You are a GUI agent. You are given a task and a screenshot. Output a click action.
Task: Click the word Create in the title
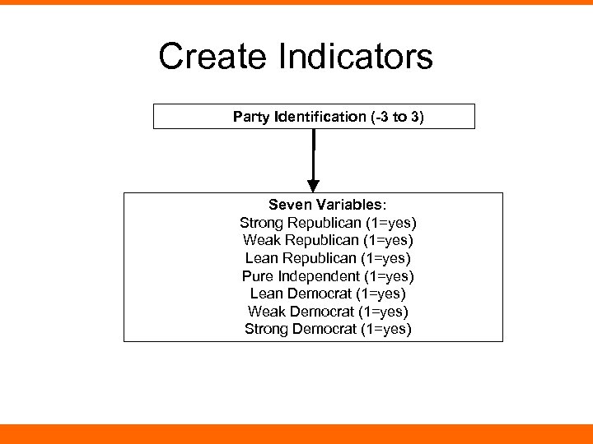tap(213, 57)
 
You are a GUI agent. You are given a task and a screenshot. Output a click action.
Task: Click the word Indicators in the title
tap(356, 57)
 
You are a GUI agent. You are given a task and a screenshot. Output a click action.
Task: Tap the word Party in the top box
tap(250, 117)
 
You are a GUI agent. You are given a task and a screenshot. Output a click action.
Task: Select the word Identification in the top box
tap(317, 117)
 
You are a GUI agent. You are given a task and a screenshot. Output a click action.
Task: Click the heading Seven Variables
tap(328, 205)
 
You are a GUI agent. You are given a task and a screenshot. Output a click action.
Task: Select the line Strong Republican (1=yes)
tap(328, 223)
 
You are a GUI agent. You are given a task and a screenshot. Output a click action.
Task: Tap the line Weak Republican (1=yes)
tap(328, 240)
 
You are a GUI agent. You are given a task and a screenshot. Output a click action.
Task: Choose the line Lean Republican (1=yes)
tap(328, 258)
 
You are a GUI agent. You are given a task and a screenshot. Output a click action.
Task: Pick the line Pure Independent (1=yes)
tap(328, 276)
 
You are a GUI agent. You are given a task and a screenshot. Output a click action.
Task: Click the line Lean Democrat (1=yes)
tap(328, 294)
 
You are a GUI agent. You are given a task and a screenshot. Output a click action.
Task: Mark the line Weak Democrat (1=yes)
tap(328, 312)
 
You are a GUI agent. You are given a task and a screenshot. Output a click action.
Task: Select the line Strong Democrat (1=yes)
tap(328, 329)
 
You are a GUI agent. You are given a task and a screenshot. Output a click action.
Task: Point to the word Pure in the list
tap(256, 276)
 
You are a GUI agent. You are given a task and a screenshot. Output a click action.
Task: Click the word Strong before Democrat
tap(265, 329)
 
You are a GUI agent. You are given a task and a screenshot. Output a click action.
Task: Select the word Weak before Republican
tap(260, 240)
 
